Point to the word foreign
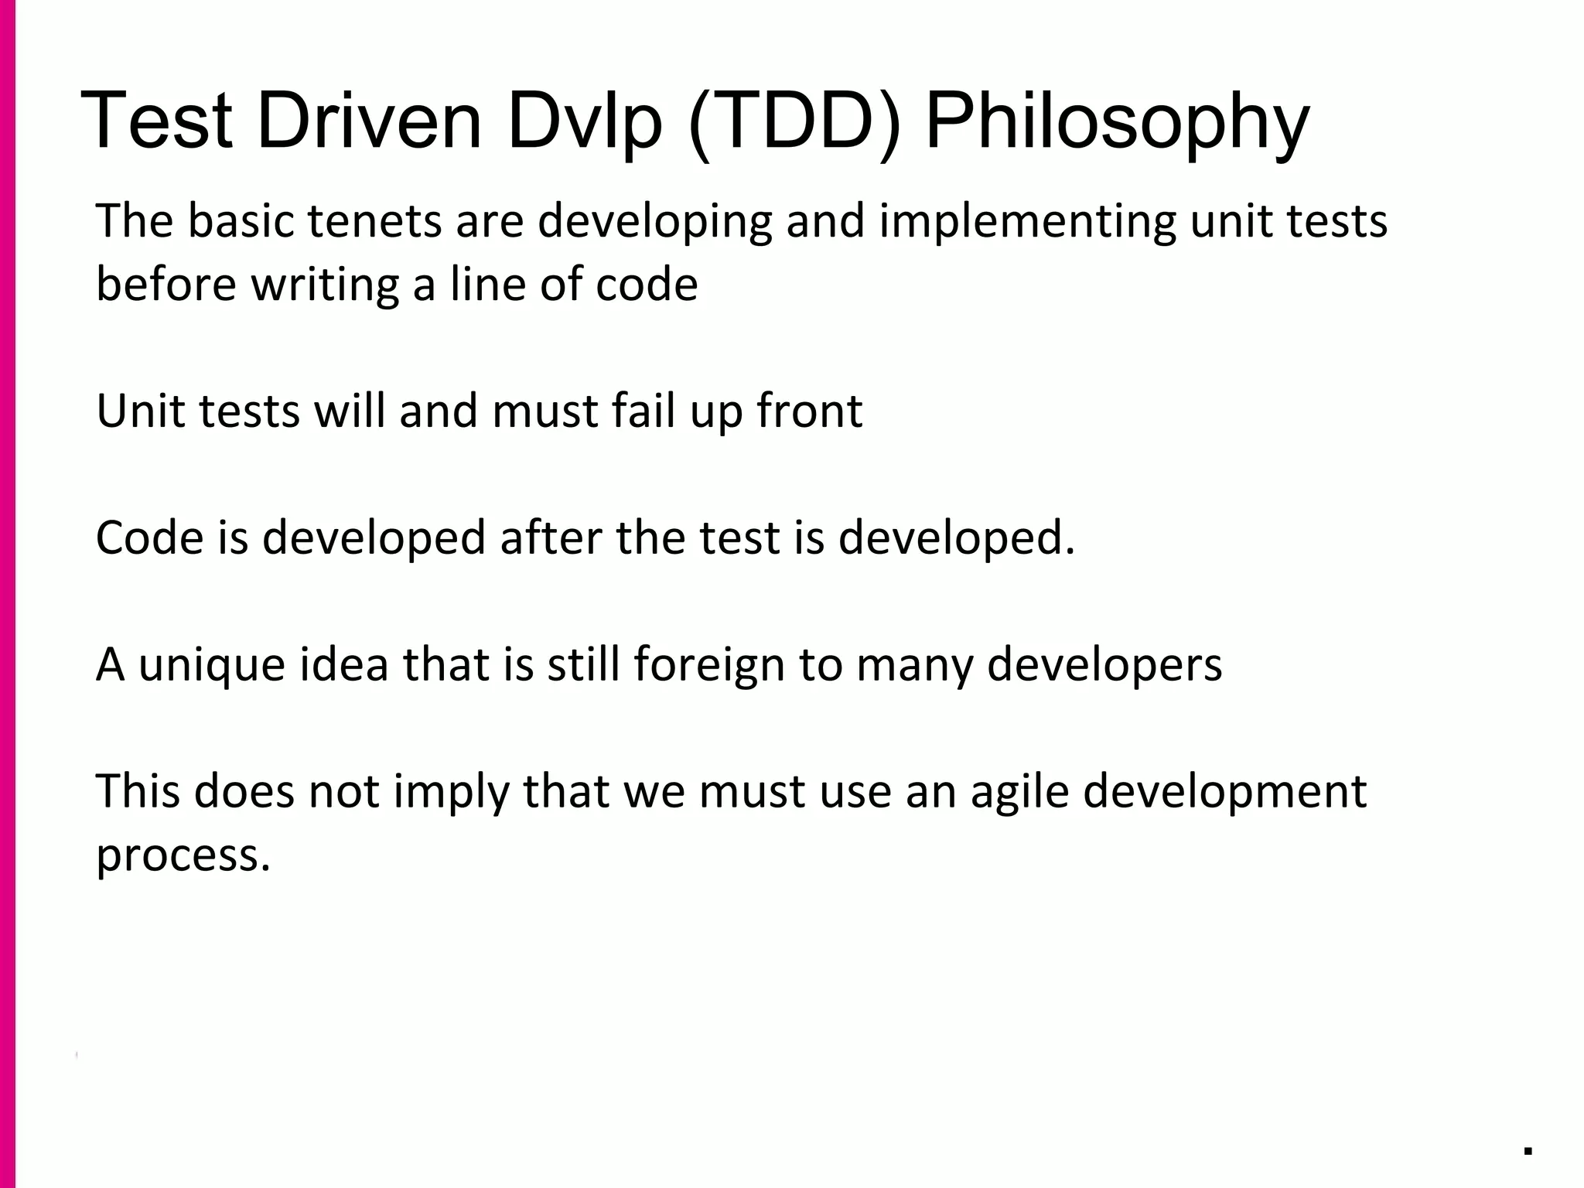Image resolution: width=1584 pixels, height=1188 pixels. [708, 664]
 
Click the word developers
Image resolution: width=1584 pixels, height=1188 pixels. [1104, 664]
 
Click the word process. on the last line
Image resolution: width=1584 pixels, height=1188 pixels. [183, 856]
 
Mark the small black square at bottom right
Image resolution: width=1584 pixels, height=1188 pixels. [1528, 1151]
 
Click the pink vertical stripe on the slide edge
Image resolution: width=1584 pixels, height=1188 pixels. [7, 594]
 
